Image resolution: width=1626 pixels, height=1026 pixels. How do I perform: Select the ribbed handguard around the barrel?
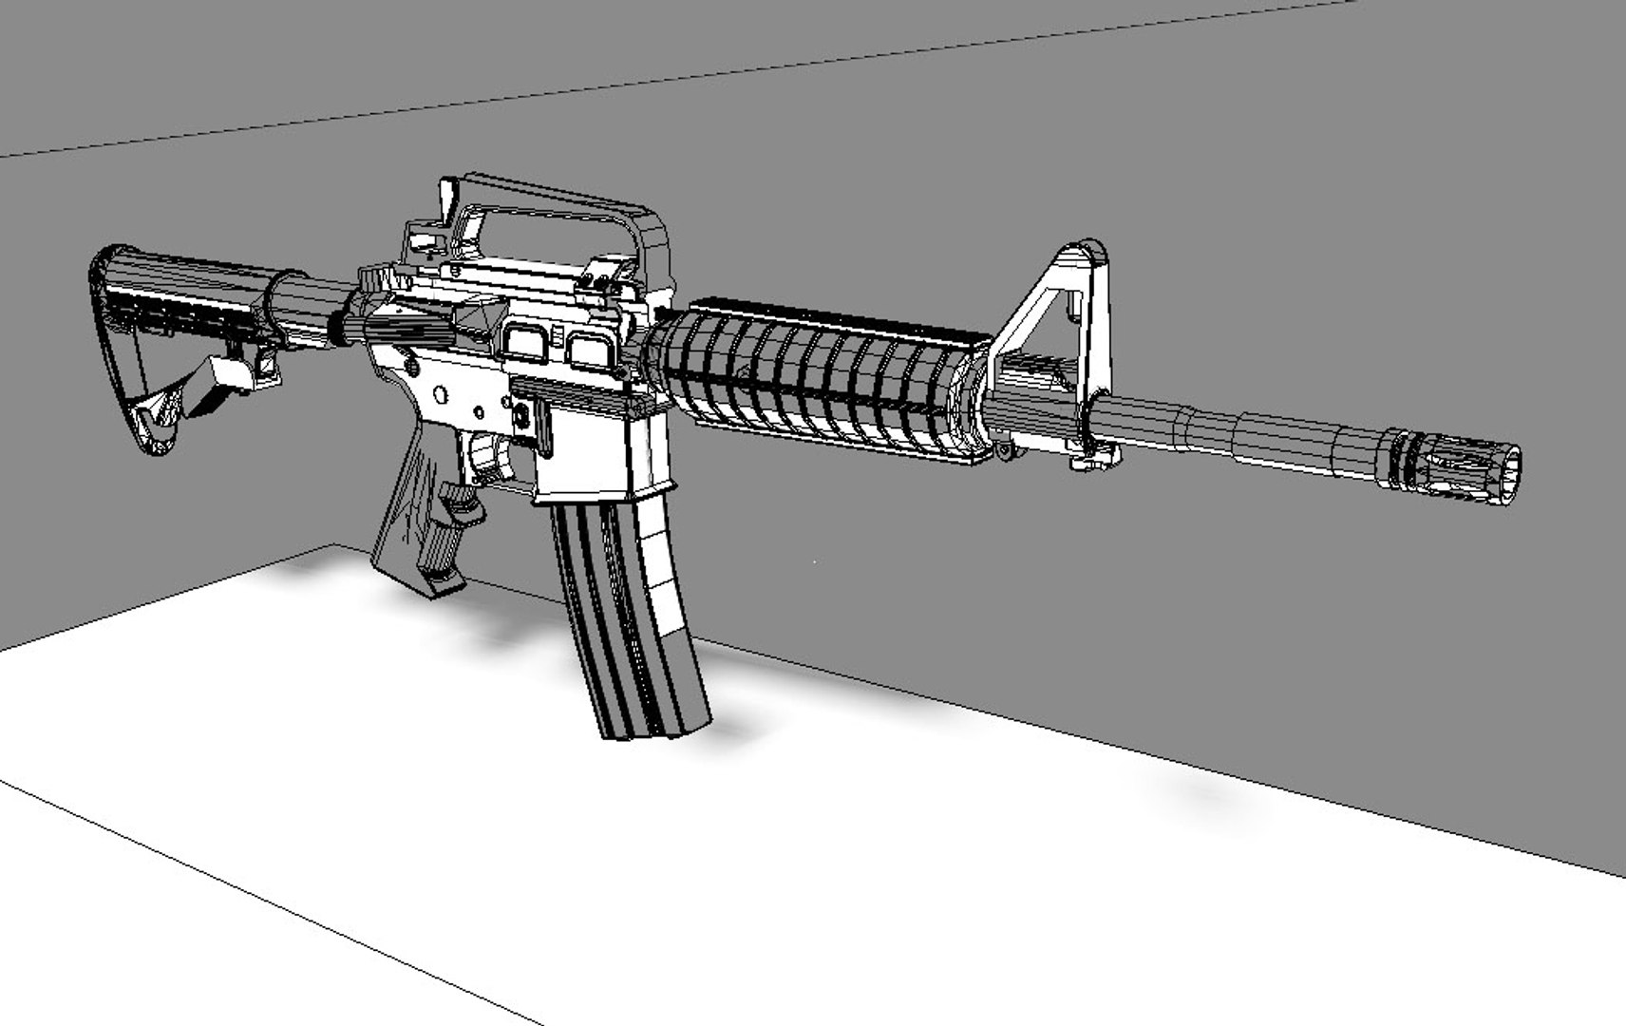tap(817, 380)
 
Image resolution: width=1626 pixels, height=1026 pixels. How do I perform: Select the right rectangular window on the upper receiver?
tap(590, 349)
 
